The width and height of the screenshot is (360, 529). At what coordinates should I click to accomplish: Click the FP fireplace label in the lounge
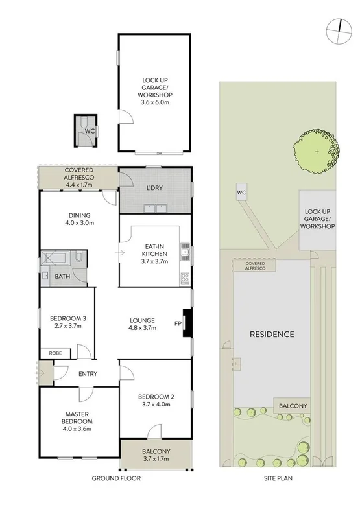[177, 323]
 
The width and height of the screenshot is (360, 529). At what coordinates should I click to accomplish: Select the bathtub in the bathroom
[57, 259]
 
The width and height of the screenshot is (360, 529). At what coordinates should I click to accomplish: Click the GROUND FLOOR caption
[116, 478]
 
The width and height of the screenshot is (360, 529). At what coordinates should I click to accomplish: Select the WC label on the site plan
[241, 193]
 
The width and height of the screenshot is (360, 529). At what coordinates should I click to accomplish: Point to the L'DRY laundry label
[154, 188]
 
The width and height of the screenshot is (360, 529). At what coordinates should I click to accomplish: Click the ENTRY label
[88, 374]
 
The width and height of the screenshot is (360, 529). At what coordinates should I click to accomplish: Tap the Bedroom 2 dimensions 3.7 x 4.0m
[155, 405]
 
